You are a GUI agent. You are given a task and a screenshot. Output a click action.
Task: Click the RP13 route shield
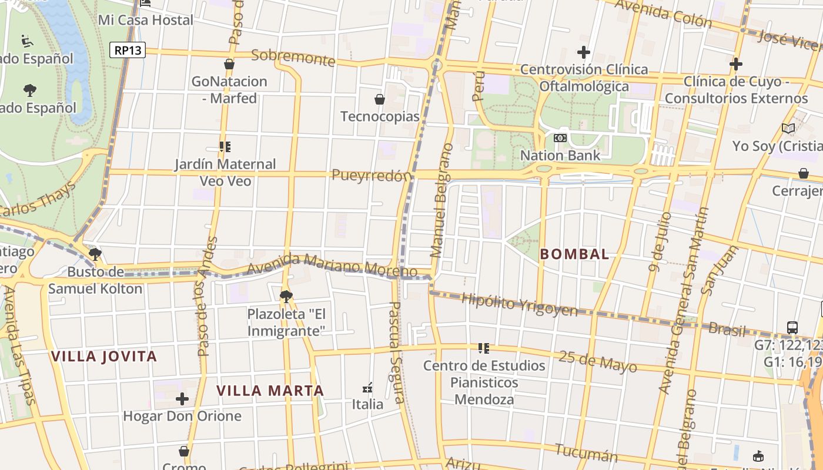point(128,50)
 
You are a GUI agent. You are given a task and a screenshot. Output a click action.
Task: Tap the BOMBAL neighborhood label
point(574,254)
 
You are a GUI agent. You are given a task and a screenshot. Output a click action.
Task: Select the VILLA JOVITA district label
point(104,357)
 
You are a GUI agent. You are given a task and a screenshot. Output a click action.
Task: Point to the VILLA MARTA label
point(270,391)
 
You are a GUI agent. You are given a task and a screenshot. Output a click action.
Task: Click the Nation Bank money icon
point(560,138)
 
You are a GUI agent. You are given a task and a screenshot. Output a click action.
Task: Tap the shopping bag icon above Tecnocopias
point(380,99)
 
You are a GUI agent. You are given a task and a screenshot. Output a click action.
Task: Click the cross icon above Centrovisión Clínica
point(583,52)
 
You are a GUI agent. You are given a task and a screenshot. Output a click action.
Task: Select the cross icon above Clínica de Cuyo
point(735,63)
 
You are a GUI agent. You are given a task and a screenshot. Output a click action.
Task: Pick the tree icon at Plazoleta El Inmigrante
point(286,296)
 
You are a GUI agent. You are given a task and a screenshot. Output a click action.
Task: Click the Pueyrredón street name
point(371,175)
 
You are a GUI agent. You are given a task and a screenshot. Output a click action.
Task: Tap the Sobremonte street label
point(293,58)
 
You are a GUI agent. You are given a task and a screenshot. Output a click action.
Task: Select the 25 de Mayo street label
point(597,361)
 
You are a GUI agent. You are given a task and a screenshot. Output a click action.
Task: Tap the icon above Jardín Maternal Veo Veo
point(225,146)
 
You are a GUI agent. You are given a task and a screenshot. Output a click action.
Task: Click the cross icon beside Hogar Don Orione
point(182,399)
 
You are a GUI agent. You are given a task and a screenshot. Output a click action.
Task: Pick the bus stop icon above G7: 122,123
point(792,327)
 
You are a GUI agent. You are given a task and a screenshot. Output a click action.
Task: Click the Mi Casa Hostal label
point(145,20)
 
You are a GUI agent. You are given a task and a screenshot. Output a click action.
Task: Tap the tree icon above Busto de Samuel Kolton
point(95,254)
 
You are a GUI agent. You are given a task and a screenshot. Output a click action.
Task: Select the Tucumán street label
point(586,452)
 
